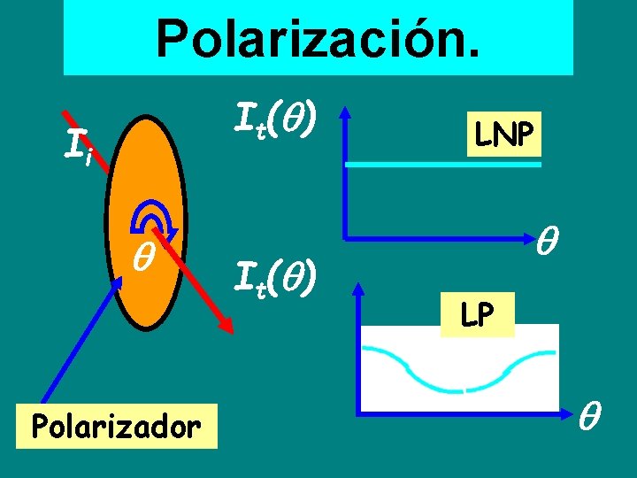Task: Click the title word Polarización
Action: (x=318, y=37)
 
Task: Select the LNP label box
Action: (x=504, y=135)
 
